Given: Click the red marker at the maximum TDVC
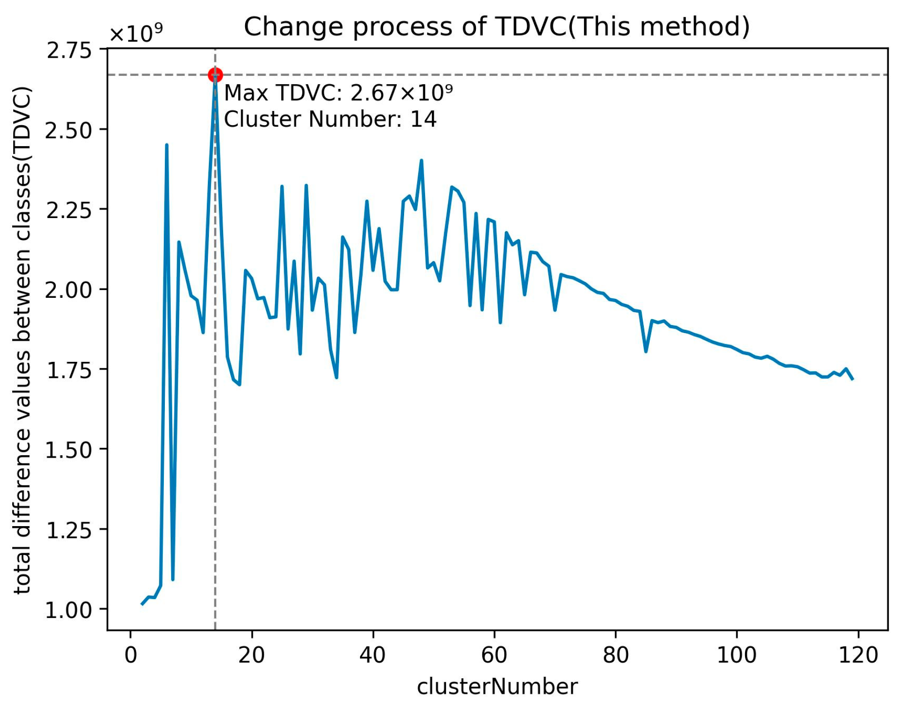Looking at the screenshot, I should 215,75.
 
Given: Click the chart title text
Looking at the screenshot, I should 497,26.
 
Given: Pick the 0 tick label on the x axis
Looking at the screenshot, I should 131,655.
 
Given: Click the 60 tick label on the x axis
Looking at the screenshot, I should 495,655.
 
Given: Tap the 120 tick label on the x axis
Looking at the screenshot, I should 858,655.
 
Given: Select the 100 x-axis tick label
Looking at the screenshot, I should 737,655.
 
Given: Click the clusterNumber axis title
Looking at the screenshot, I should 497,687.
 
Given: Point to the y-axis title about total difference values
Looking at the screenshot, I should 23,340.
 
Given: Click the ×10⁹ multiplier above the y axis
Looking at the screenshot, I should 136,34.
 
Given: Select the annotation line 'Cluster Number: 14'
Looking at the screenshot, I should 330,119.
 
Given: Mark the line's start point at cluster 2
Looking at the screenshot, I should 142,604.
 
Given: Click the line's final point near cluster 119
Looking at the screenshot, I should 853,379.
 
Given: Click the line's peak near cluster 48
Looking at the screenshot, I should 421,160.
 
